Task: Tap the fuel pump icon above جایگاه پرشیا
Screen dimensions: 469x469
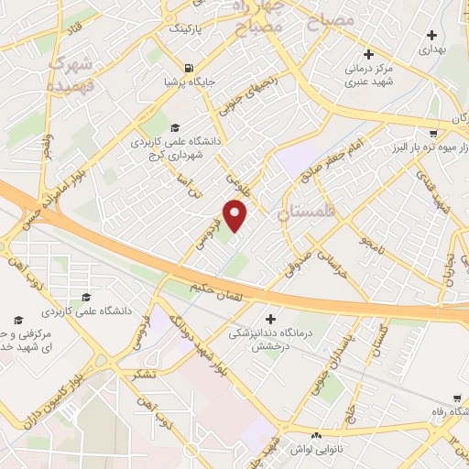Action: (x=189, y=67)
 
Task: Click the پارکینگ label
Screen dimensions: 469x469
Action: (x=183, y=28)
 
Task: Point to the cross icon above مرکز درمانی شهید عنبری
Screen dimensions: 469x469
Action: (x=367, y=53)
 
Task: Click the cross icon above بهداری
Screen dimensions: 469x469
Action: (x=432, y=36)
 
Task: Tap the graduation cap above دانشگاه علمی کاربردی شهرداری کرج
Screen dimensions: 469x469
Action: (x=176, y=126)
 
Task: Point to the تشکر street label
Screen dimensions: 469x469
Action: (x=143, y=374)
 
